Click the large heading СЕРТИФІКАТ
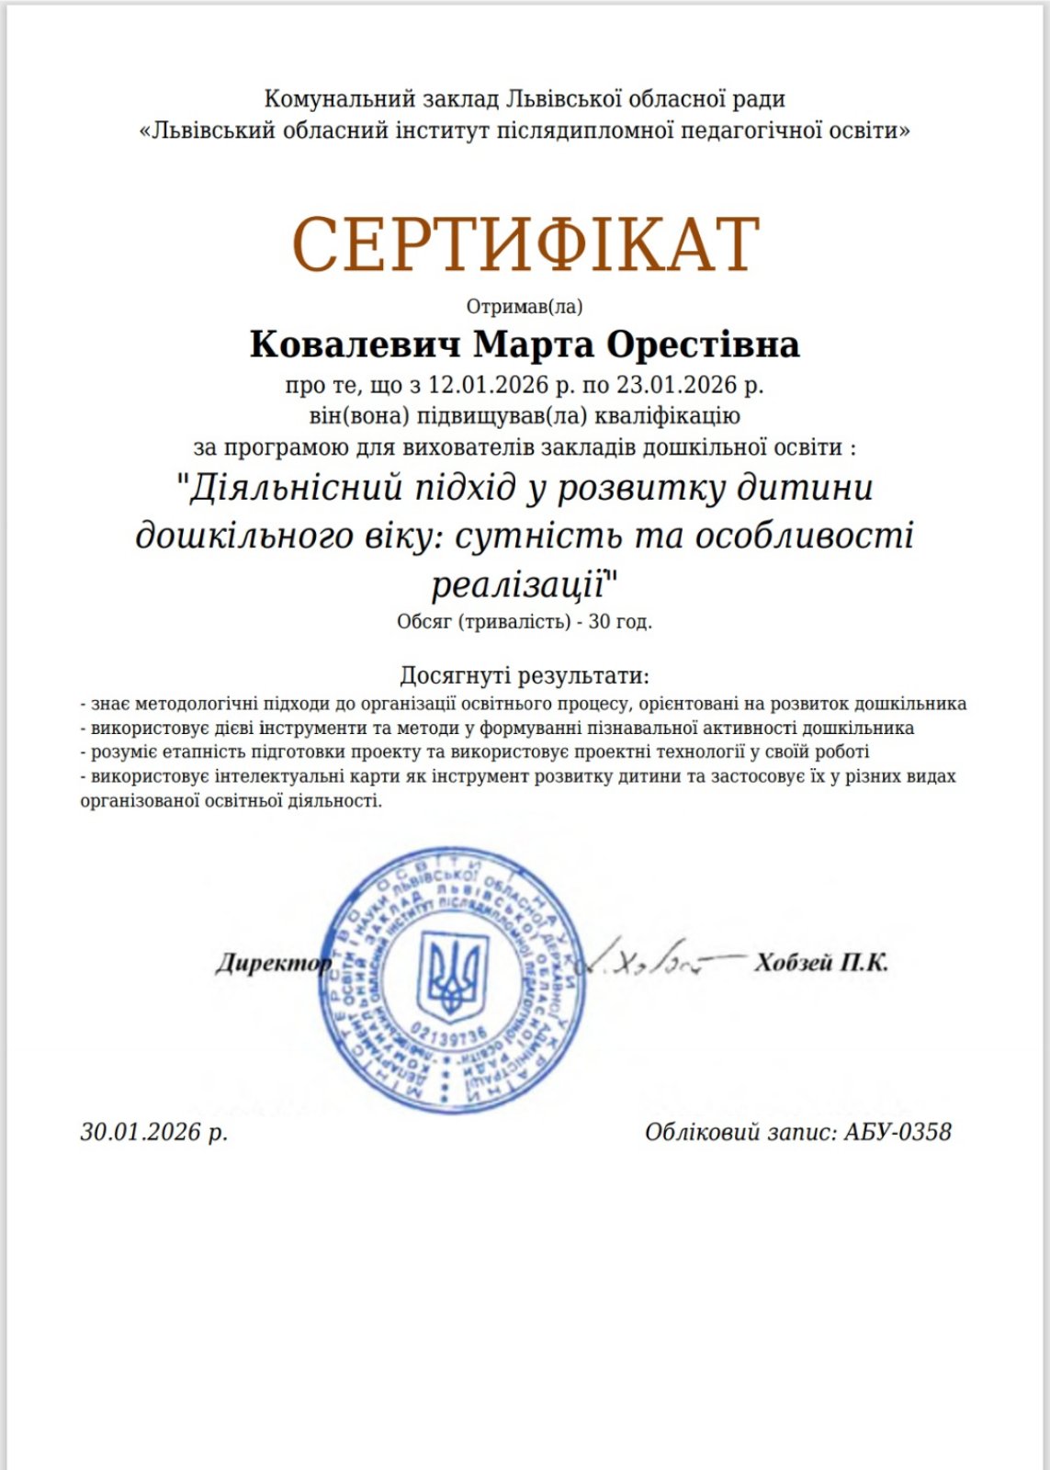tap(525, 244)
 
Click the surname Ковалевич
tap(355, 345)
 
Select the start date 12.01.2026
tap(488, 384)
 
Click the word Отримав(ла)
tap(525, 307)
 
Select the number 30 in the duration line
tap(600, 621)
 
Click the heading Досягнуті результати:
tap(525, 676)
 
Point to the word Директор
tap(273, 963)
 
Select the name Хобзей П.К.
tap(821, 962)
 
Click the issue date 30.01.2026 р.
tap(153, 1132)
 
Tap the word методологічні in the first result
tap(197, 704)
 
